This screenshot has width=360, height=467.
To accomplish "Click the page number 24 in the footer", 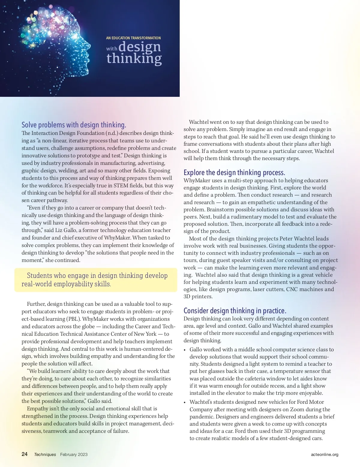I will coord(25,454).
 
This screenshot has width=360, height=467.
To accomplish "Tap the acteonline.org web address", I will coord(325,454).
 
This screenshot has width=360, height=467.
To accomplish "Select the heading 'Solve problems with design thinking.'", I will coord(74,125).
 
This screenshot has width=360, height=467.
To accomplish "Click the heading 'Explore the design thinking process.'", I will coord(234,172).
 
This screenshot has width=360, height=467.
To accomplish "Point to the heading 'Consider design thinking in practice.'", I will coord(235,311).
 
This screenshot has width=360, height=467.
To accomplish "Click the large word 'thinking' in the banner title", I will coord(134,58).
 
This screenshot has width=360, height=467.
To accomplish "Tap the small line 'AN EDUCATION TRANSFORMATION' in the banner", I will coord(133,38).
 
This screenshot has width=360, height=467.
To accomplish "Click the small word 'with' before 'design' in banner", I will coord(112,49).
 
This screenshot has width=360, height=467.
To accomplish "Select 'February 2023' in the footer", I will coord(74,454).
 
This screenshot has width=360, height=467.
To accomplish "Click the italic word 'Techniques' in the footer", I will coord(45,454).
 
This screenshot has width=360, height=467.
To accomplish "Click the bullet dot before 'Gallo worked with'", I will coord(185,350).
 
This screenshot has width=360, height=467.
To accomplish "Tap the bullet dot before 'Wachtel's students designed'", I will coord(185,402).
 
